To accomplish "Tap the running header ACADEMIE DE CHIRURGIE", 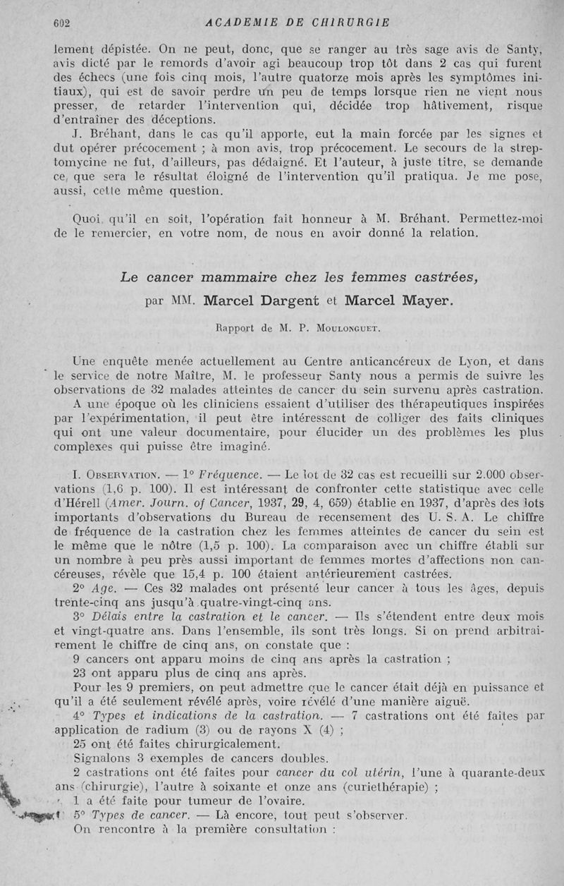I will (x=298, y=22).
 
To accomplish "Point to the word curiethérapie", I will (x=384, y=788).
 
